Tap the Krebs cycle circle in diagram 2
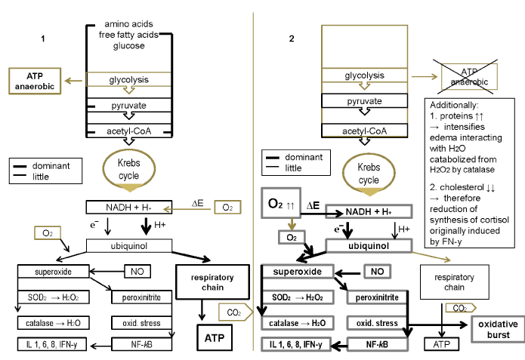coord(369,174)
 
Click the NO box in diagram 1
coord(138,270)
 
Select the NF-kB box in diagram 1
coord(137,344)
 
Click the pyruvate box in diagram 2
coord(364,101)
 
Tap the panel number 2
coord(292,38)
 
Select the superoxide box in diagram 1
coord(51,270)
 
